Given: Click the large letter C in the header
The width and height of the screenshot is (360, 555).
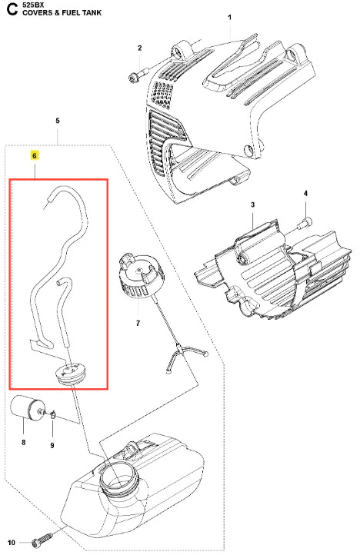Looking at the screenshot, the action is [12, 9].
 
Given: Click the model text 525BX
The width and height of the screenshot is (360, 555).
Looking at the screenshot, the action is [32, 5].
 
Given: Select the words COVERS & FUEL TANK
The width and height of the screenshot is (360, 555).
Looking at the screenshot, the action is [62, 13].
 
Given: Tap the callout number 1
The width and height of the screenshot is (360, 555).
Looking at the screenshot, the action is [229, 18].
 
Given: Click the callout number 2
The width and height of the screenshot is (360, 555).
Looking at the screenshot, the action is [139, 48].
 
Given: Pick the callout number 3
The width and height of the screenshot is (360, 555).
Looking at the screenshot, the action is [252, 204].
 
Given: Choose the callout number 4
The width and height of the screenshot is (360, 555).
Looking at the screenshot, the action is [305, 193].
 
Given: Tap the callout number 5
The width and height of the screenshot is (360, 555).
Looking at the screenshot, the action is [58, 121].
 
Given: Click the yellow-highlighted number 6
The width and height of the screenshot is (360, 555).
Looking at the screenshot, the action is [35, 156].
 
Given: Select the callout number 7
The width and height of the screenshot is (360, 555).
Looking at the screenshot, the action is [138, 323].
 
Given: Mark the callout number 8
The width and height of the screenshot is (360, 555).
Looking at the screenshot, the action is [23, 442].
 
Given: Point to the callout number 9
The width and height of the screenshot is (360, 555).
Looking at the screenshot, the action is [52, 445].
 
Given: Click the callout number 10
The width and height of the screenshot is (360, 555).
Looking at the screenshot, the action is [12, 543].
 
